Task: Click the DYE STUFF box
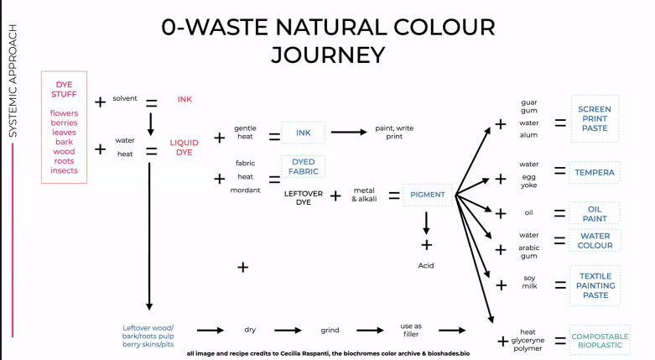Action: (x=64, y=128)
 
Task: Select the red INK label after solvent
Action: (x=185, y=100)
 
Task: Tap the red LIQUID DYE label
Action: (x=185, y=148)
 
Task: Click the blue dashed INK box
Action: (x=303, y=133)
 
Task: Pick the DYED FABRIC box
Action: (x=303, y=165)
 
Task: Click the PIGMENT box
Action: (x=428, y=195)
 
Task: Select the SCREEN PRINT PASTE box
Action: (x=595, y=119)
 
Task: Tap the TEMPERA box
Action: (x=595, y=174)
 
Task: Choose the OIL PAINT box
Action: (x=595, y=211)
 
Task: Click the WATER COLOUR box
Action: (x=595, y=241)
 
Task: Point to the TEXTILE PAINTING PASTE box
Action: (x=595, y=285)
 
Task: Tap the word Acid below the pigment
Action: (x=427, y=264)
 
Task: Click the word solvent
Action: (x=125, y=98)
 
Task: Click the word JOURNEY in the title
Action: (x=327, y=55)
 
